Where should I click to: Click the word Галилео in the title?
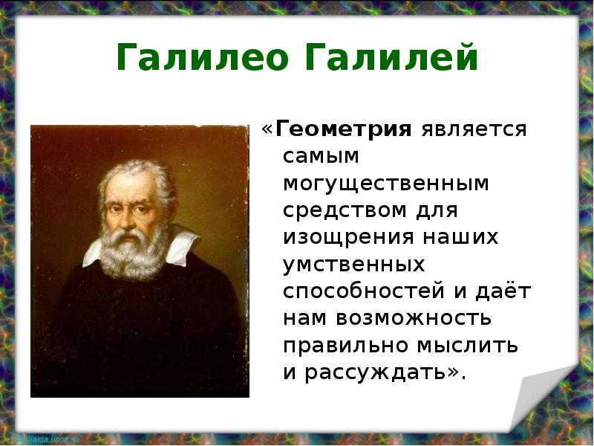pyautogui.click(x=203, y=57)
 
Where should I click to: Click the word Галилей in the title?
pyautogui.click(x=391, y=56)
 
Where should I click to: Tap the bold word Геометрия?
pyautogui.click(x=343, y=129)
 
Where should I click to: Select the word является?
pyautogui.click(x=474, y=129)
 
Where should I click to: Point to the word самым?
pyautogui.click(x=321, y=156)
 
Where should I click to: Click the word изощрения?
pyautogui.click(x=348, y=238)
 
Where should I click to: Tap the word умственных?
pyautogui.click(x=354, y=265)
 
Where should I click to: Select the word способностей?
pyautogui.click(x=364, y=291)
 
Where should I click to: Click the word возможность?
pyautogui.click(x=414, y=319)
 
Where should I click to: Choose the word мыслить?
pyautogui.click(x=468, y=346)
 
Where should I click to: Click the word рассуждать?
pyautogui.click(x=376, y=373)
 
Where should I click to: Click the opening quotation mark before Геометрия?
pyautogui.click(x=267, y=129)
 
